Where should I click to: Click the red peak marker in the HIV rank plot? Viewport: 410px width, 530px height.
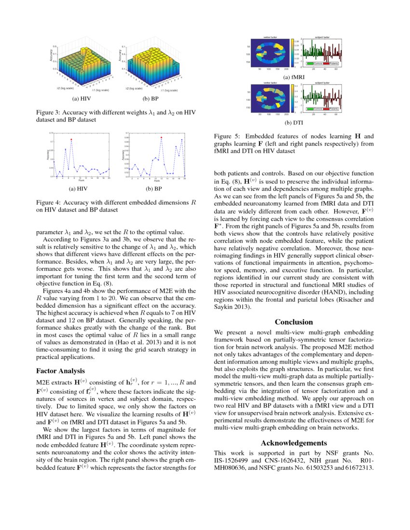pyautogui.click(x=71, y=140)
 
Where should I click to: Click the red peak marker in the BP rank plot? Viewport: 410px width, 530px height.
pyautogui.click(x=161, y=138)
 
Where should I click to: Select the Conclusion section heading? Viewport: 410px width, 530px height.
pyautogui.click(x=294, y=322)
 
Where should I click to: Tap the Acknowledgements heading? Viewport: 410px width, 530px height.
pyautogui.click(x=294, y=443)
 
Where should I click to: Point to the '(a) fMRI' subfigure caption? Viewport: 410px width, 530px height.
pyautogui.click(x=294, y=77)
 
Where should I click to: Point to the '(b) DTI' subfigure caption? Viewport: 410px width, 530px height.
pyautogui.click(x=294, y=122)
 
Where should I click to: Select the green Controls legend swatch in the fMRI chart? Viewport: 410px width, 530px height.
pyautogui.click(x=310, y=64)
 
